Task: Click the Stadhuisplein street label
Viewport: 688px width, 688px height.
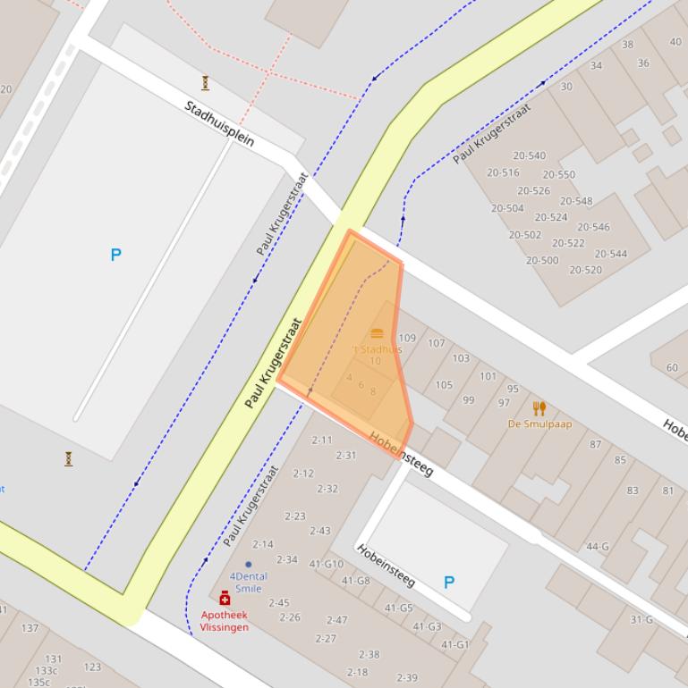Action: click(x=219, y=123)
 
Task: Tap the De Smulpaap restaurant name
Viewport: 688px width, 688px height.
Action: click(x=539, y=424)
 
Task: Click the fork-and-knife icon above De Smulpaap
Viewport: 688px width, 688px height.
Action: click(x=539, y=408)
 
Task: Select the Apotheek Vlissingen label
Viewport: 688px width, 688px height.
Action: click(x=225, y=621)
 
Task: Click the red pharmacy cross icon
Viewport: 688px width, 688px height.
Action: click(x=225, y=599)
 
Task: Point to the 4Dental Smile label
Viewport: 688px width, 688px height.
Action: click(x=248, y=583)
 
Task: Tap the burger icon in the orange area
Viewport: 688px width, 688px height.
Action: click(x=377, y=333)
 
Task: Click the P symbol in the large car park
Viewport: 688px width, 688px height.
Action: click(x=115, y=256)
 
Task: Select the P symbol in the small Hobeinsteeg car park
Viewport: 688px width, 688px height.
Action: click(x=449, y=583)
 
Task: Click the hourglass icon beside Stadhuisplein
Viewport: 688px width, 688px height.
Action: click(x=205, y=83)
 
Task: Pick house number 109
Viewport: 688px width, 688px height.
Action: click(x=407, y=339)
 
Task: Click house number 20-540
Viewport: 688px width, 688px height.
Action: click(x=529, y=155)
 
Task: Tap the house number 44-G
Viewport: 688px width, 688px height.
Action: click(x=597, y=547)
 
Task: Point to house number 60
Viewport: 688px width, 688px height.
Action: click(x=672, y=367)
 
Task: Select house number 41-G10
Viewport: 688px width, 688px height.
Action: click(x=326, y=564)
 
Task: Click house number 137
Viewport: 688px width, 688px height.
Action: click(x=30, y=628)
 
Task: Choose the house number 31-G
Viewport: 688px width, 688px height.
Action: click(x=641, y=619)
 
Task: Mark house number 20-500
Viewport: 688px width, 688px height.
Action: click(x=542, y=261)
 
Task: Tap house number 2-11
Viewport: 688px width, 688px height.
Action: click(x=321, y=440)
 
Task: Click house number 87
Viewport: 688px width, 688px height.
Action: click(x=595, y=444)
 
